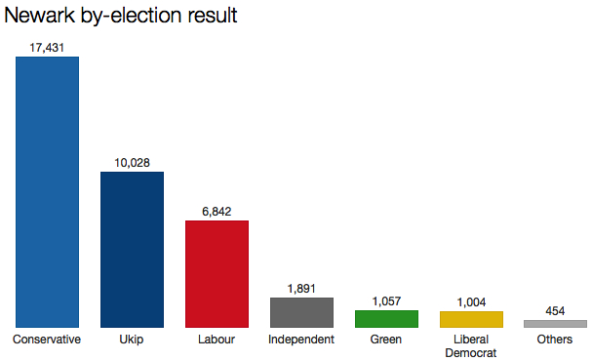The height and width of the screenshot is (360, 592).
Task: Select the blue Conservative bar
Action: (x=47, y=191)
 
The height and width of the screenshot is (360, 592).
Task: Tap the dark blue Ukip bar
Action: (x=132, y=249)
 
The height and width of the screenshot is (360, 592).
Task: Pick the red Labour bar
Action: (x=217, y=273)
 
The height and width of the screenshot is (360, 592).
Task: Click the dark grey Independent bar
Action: (x=301, y=312)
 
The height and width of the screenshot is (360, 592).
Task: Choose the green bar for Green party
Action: (x=386, y=319)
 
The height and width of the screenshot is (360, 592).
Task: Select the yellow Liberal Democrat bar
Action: (x=471, y=319)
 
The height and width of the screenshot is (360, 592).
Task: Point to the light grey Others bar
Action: (x=555, y=323)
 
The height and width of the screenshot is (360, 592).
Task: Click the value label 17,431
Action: (x=47, y=47)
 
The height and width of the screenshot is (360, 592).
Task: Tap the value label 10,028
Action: (x=132, y=162)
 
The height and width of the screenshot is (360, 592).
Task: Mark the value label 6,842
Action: (x=217, y=211)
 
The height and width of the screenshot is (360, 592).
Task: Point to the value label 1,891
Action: (x=301, y=288)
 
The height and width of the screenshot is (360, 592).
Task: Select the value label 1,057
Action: (x=386, y=300)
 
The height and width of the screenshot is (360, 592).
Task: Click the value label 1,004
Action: (x=471, y=301)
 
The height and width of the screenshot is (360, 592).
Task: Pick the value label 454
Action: (x=555, y=310)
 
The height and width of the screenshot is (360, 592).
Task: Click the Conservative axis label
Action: (x=47, y=340)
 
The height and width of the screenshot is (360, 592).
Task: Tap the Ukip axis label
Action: (x=132, y=340)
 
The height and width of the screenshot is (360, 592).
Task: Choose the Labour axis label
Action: (x=217, y=340)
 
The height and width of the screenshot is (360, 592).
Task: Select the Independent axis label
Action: (x=301, y=340)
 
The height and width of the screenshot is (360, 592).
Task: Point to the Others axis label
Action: (x=555, y=340)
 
